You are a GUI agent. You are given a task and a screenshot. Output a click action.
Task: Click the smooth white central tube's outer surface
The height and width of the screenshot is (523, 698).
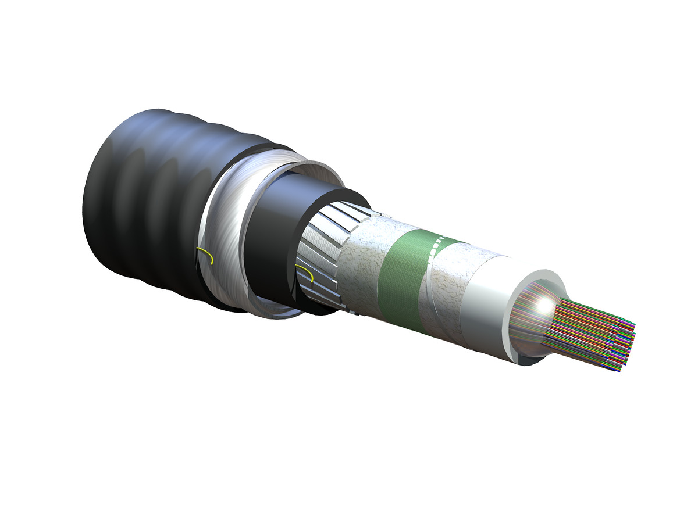[483, 308]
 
